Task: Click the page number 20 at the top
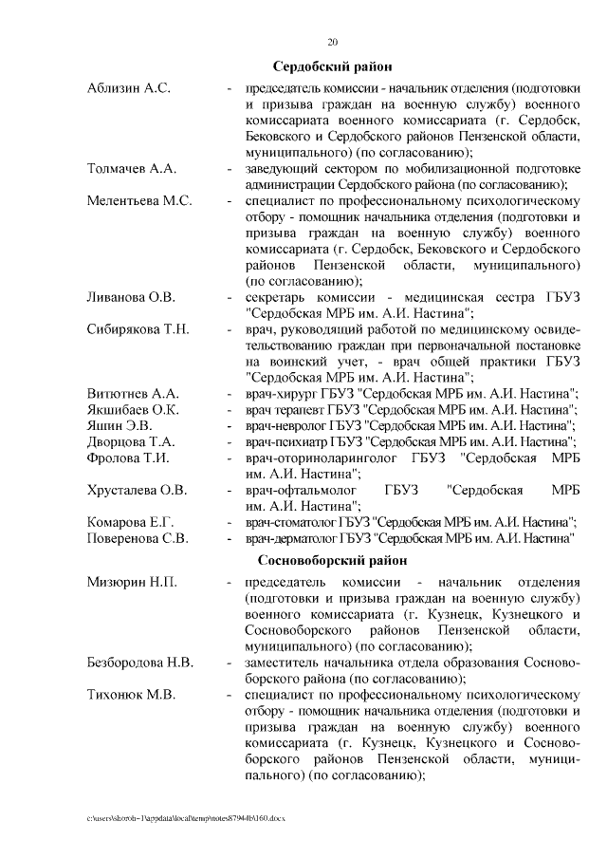(332, 42)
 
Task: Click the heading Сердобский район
(332, 67)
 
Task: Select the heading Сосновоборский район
(332, 560)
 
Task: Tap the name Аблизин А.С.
(128, 88)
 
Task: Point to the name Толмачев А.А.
(132, 169)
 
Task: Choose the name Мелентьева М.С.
(139, 201)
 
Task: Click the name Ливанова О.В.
(131, 297)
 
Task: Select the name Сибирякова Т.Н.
(138, 329)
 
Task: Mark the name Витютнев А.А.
(133, 393)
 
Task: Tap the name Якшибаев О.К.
(133, 409)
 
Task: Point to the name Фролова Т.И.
(128, 458)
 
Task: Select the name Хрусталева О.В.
(137, 490)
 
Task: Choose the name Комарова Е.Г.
(130, 522)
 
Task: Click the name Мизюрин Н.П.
(132, 582)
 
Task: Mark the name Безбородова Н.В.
(140, 662)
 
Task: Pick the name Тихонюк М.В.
(131, 694)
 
